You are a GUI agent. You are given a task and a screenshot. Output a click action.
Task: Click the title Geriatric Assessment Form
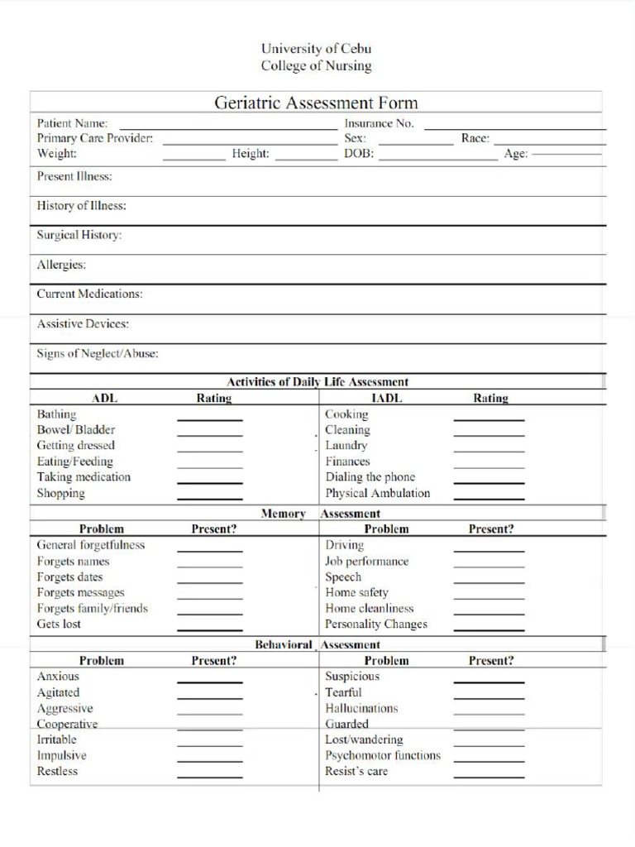point(316,103)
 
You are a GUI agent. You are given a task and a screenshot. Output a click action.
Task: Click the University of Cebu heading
point(316,49)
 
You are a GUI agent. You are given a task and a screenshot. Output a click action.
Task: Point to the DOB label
point(359,154)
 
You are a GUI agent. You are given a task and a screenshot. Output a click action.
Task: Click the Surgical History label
point(79,235)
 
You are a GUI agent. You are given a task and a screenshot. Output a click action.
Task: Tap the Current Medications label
point(89,294)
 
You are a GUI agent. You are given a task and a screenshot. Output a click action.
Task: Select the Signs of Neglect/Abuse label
point(98,353)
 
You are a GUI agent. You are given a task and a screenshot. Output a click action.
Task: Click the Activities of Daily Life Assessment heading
point(317,381)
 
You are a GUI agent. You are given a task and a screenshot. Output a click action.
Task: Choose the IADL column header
point(386,398)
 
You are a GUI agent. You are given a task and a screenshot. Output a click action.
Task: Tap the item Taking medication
point(84,477)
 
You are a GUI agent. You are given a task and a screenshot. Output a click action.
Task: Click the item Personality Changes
point(376,624)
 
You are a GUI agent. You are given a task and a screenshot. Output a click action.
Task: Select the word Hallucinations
point(361,708)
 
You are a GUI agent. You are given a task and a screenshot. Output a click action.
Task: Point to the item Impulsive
point(61,755)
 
